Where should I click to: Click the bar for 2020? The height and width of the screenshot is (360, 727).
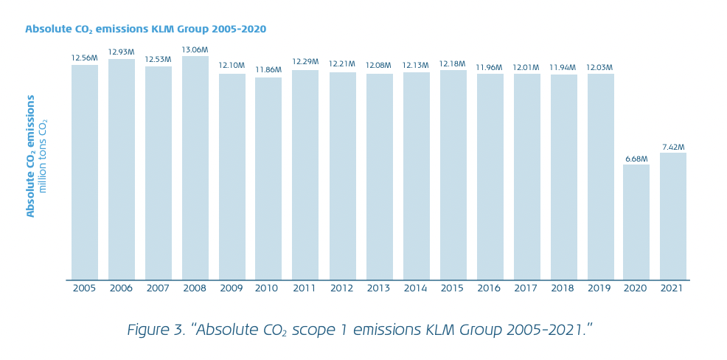pyautogui.click(x=636, y=222)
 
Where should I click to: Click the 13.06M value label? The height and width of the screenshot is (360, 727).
pyautogui.click(x=195, y=50)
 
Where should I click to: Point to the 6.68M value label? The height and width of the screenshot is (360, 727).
pyautogui.click(x=636, y=159)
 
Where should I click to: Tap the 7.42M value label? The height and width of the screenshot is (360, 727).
pyautogui.click(x=673, y=147)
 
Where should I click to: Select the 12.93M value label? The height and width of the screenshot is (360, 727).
pyautogui.click(x=122, y=52)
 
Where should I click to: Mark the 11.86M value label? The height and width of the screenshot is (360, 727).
pyautogui.click(x=268, y=70)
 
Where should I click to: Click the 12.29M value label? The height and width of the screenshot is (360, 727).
pyautogui.click(x=305, y=62)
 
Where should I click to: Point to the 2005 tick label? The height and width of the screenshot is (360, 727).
pyautogui.click(x=85, y=288)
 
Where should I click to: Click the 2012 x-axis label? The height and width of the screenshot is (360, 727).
pyautogui.click(x=342, y=288)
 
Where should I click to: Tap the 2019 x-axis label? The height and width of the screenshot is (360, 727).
pyautogui.click(x=599, y=288)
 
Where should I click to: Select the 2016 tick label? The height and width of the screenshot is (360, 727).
pyautogui.click(x=490, y=288)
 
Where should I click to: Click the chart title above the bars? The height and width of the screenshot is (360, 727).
pyautogui.click(x=145, y=30)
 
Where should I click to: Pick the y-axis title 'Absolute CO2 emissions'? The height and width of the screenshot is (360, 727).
pyautogui.click(x=31, y=156)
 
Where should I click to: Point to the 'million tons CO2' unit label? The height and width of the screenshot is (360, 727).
pyautogui.click(x=43, y=156)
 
